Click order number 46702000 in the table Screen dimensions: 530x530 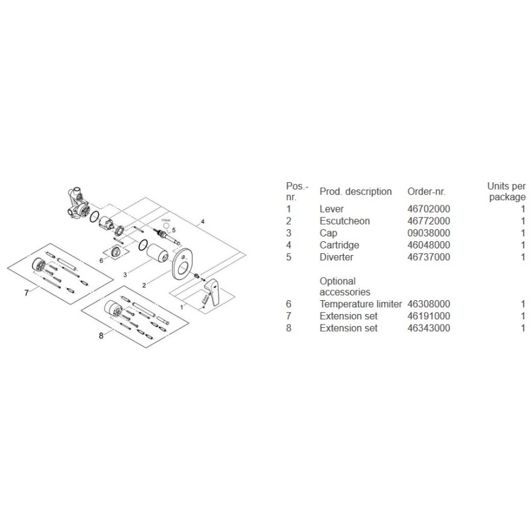[x=429, y=209]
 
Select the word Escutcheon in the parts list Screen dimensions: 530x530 [x=344, y=221]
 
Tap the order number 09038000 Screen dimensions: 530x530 [x=429, y=233]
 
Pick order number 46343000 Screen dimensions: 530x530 [x=429, y=328]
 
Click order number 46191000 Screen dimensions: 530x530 [x=429, y=316]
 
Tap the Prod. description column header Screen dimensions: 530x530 [x=356, y=191]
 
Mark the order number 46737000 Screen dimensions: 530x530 [x=429, y=256]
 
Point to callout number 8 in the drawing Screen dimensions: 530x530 [x=101, y=336]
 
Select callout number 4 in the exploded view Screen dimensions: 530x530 [x=204, y=220]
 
